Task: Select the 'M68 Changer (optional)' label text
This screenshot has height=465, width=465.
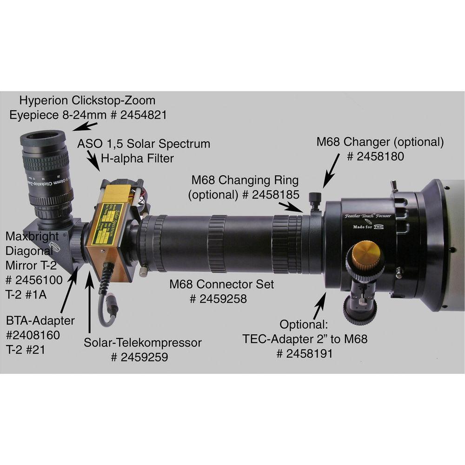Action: [380, 141]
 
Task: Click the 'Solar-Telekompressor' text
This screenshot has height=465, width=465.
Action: [143, 343]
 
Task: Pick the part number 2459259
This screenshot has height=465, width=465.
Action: [139, 357]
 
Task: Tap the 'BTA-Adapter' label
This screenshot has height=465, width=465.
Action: [40, 321]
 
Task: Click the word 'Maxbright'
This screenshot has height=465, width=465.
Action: [29, 236]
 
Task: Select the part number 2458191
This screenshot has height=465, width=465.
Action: [305, 354]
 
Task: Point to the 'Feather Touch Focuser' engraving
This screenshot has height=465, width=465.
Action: [368, 216]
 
